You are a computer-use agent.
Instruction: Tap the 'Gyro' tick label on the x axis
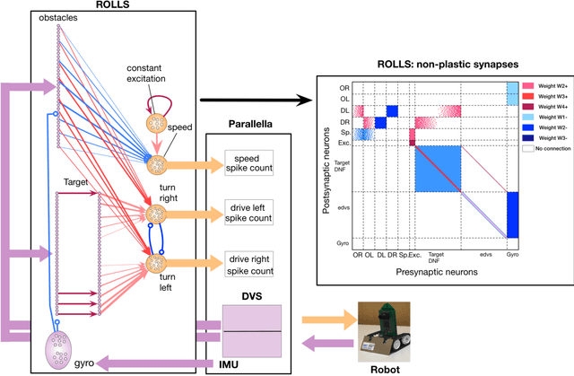(x=513, y=255)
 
